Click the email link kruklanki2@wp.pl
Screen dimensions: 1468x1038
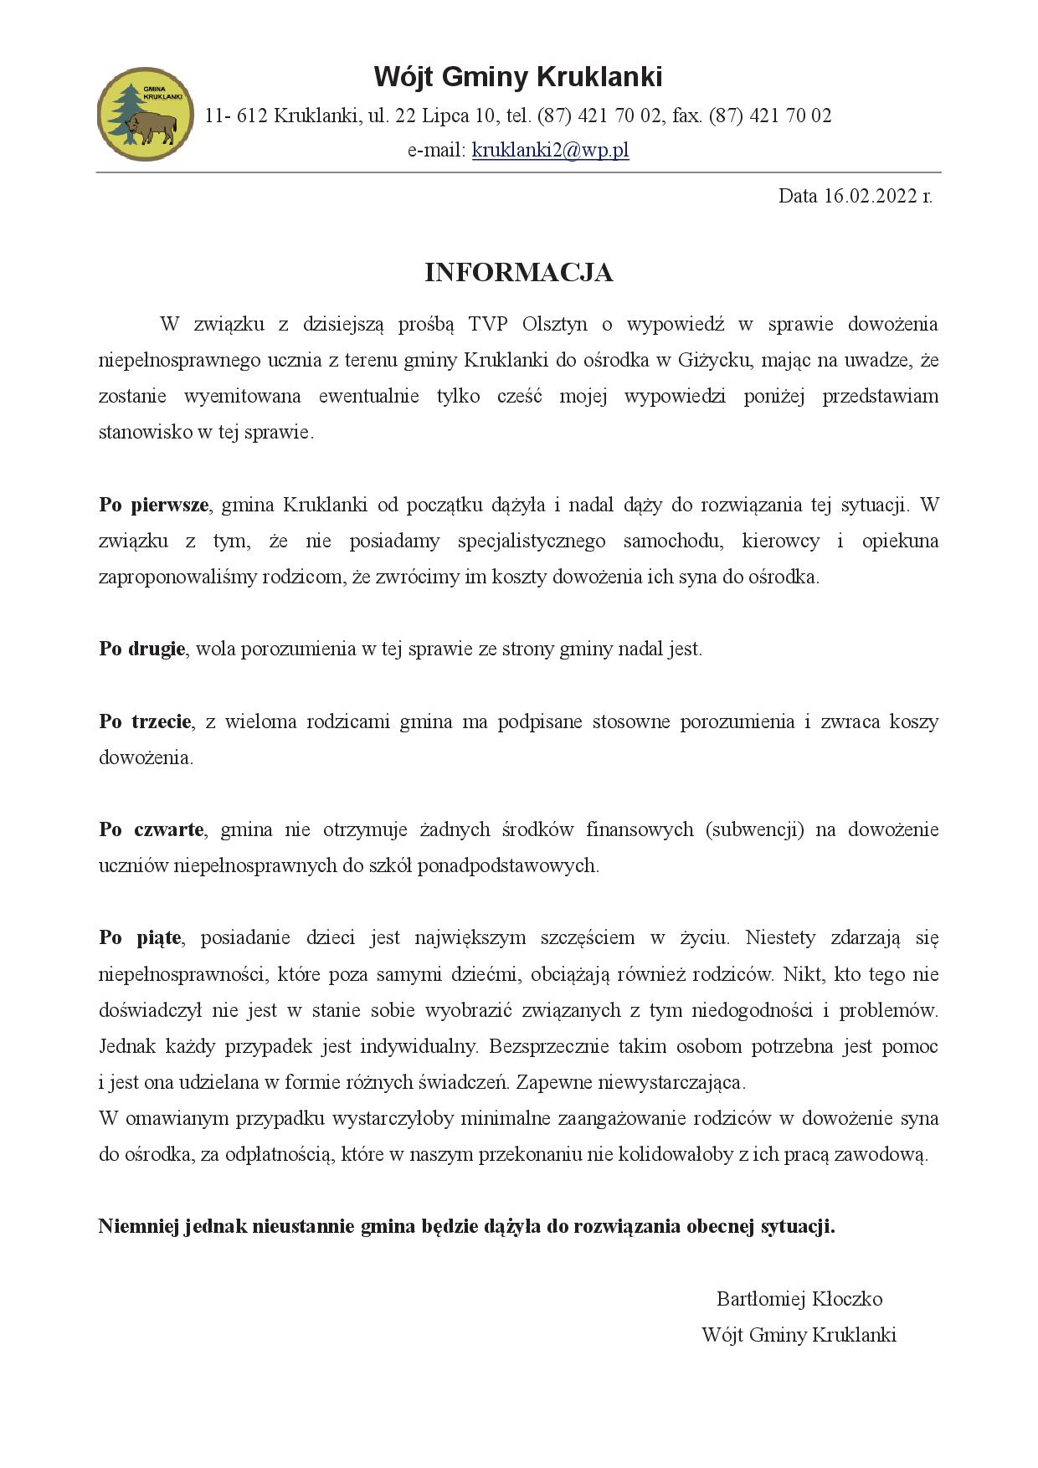click(x=550, y=150)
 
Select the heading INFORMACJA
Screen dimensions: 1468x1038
click(x=518, y=273)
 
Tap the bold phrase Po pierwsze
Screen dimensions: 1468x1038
click(x=154, y=506)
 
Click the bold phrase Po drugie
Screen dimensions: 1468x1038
click(x=142, y=649)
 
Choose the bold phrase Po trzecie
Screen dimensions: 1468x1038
click(x=146, y=722)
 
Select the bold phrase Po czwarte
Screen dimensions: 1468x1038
click(x=152, y=830)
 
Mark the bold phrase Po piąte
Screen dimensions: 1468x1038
click(x=140, y=938)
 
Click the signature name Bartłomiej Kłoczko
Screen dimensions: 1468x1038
click(x=799, y=1299)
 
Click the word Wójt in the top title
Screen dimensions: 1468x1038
click(x=403, y=78)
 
